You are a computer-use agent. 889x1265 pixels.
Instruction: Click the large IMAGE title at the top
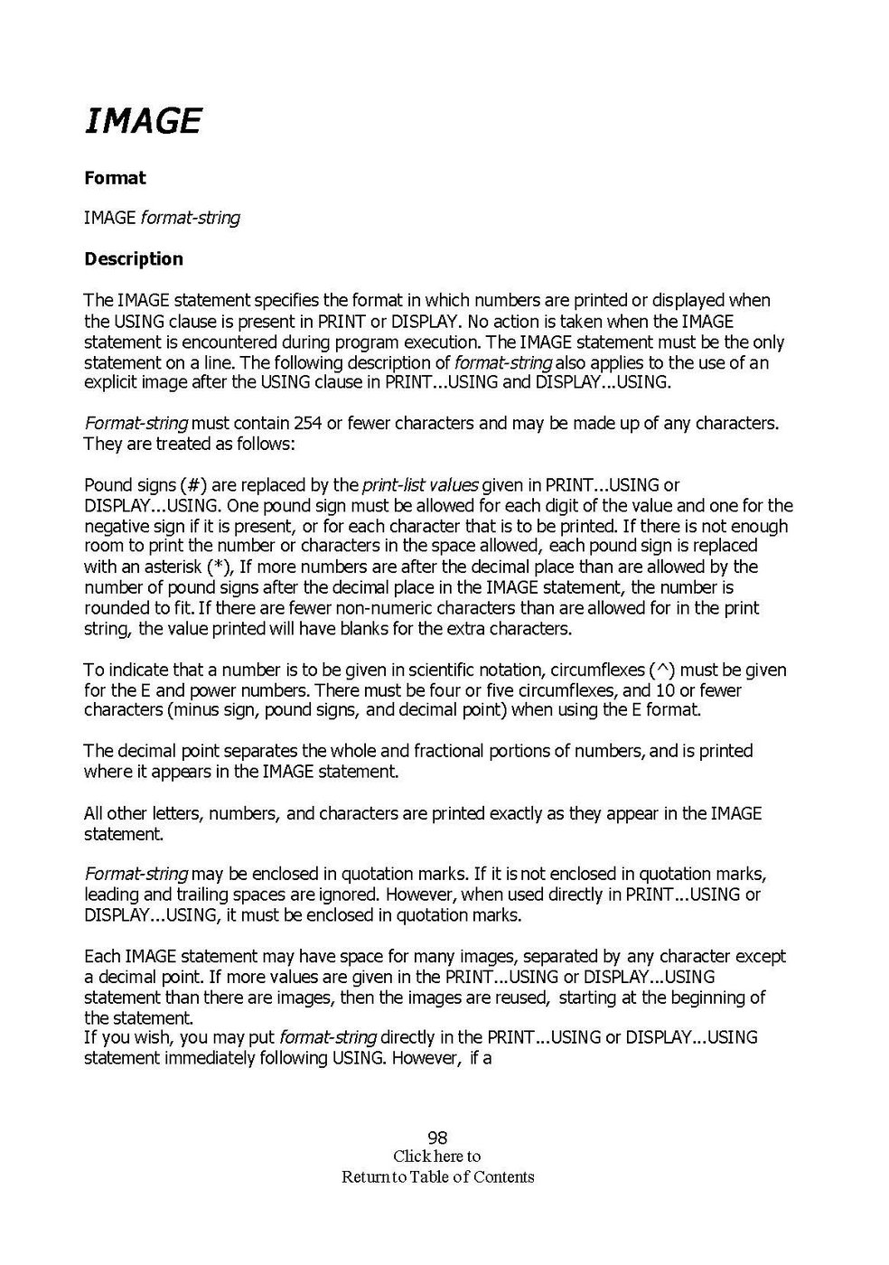click(143, 120)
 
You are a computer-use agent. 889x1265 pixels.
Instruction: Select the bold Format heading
click(115, 178)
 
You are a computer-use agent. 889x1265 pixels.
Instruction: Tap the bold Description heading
click(134, 259)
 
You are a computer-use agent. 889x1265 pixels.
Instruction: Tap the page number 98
click(438, 1138)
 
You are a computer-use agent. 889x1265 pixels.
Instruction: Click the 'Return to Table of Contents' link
click(438, 1177)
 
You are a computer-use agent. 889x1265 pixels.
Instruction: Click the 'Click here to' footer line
click(438, 1157)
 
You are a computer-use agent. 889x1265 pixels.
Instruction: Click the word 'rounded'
click(115, 608)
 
